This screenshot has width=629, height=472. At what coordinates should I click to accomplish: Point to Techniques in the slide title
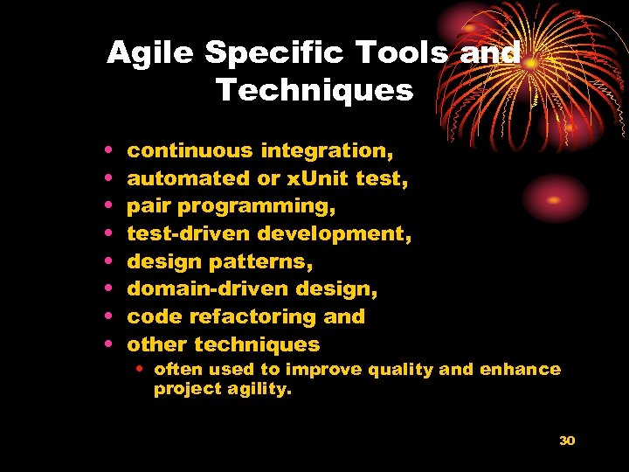314,90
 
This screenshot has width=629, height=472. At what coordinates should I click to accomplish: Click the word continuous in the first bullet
190,150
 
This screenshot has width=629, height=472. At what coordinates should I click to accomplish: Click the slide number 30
567,441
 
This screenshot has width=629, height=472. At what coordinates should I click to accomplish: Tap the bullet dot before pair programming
107,206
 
